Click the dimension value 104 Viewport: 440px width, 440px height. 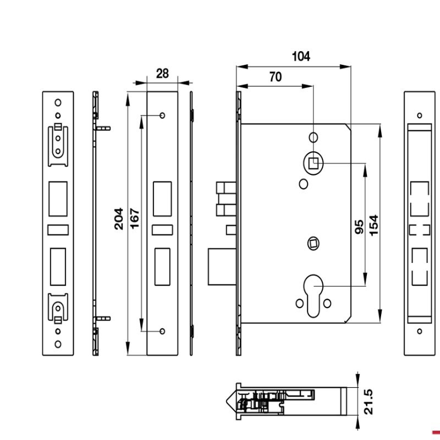(x=301, y=56)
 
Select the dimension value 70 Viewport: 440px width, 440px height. (x=275, y=77)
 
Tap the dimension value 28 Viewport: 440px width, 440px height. (x=162, y=73)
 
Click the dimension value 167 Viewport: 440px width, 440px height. (x=135, y=218)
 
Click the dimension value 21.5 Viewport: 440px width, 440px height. (x=369, y=402)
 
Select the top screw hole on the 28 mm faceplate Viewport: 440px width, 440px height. (x=162, y=116)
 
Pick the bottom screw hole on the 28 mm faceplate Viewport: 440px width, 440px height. (x=162, y=331)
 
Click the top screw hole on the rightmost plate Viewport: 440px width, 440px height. (x=420, y=116)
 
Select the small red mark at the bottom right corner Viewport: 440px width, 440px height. (x=436, y=432)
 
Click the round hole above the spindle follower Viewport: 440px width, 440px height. (x=313, y=136)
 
